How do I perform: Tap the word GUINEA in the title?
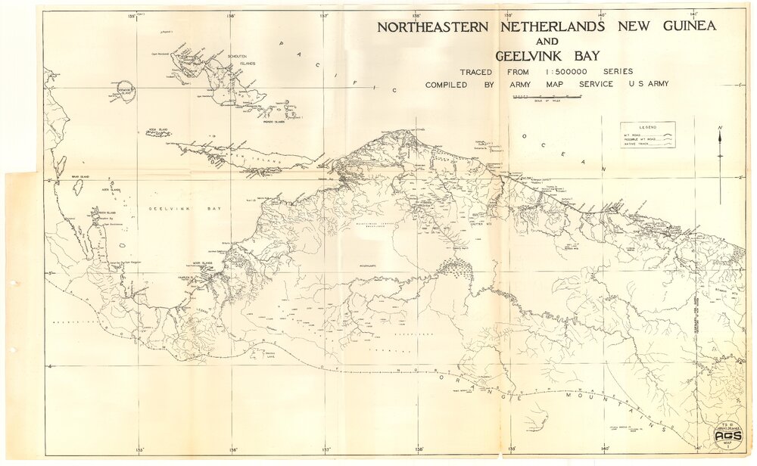pyautogui.click(x=683, y=26)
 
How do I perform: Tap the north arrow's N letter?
pyautogui.click(x=720, y=128)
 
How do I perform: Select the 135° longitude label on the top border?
pyautogui.click(x=132, y=15)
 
